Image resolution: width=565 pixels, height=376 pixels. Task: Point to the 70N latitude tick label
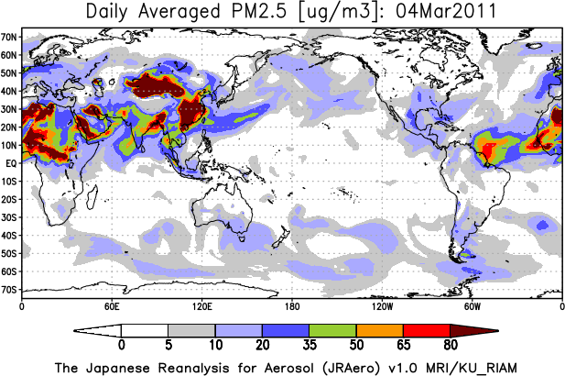[10, 37]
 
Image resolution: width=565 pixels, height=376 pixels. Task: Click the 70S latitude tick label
[10, 289]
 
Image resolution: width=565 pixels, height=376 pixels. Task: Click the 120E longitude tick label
[201, 305]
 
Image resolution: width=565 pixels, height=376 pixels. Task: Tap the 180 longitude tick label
[291, 305]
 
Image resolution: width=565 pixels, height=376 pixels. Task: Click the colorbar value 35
[310, 345]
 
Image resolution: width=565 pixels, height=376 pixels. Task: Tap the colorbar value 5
[168, 345]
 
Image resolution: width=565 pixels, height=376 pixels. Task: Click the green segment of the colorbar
[332, 329]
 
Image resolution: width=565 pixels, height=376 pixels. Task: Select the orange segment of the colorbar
[380, 329]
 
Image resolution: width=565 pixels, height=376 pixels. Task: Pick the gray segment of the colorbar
[191, 329]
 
